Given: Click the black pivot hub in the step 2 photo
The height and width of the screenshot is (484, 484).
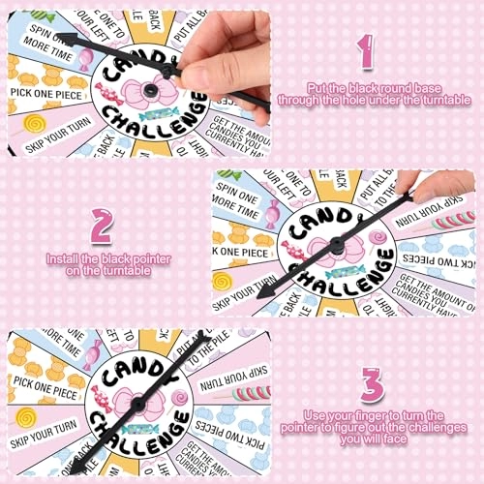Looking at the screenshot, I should (x=336, y=245).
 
